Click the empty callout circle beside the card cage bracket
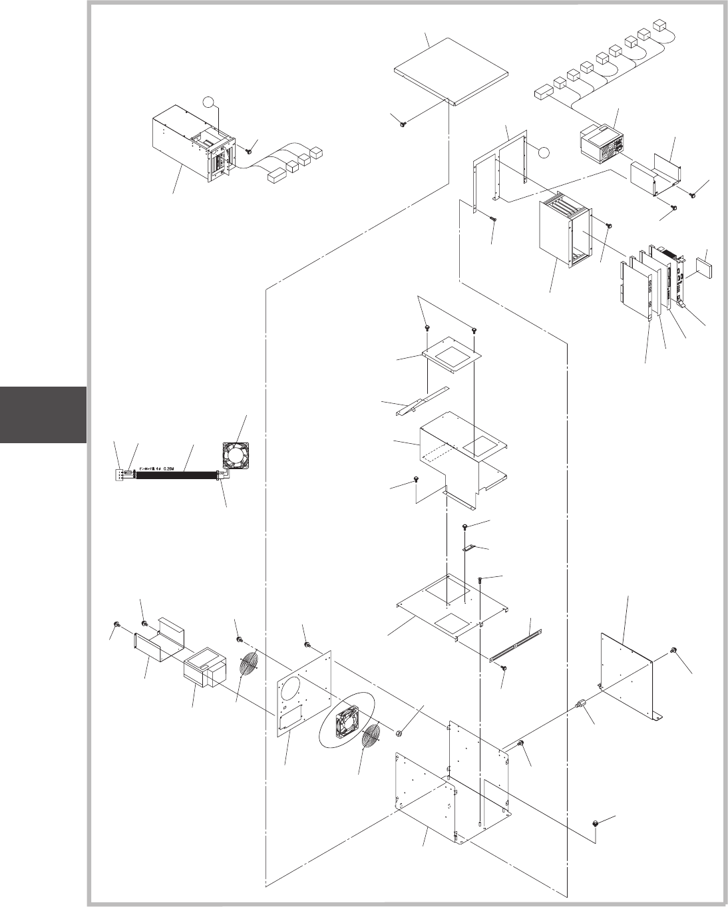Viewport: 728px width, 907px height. coord(544,152)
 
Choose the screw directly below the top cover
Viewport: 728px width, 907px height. coord(403,122)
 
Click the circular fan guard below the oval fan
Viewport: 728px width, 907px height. coord(373,742)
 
